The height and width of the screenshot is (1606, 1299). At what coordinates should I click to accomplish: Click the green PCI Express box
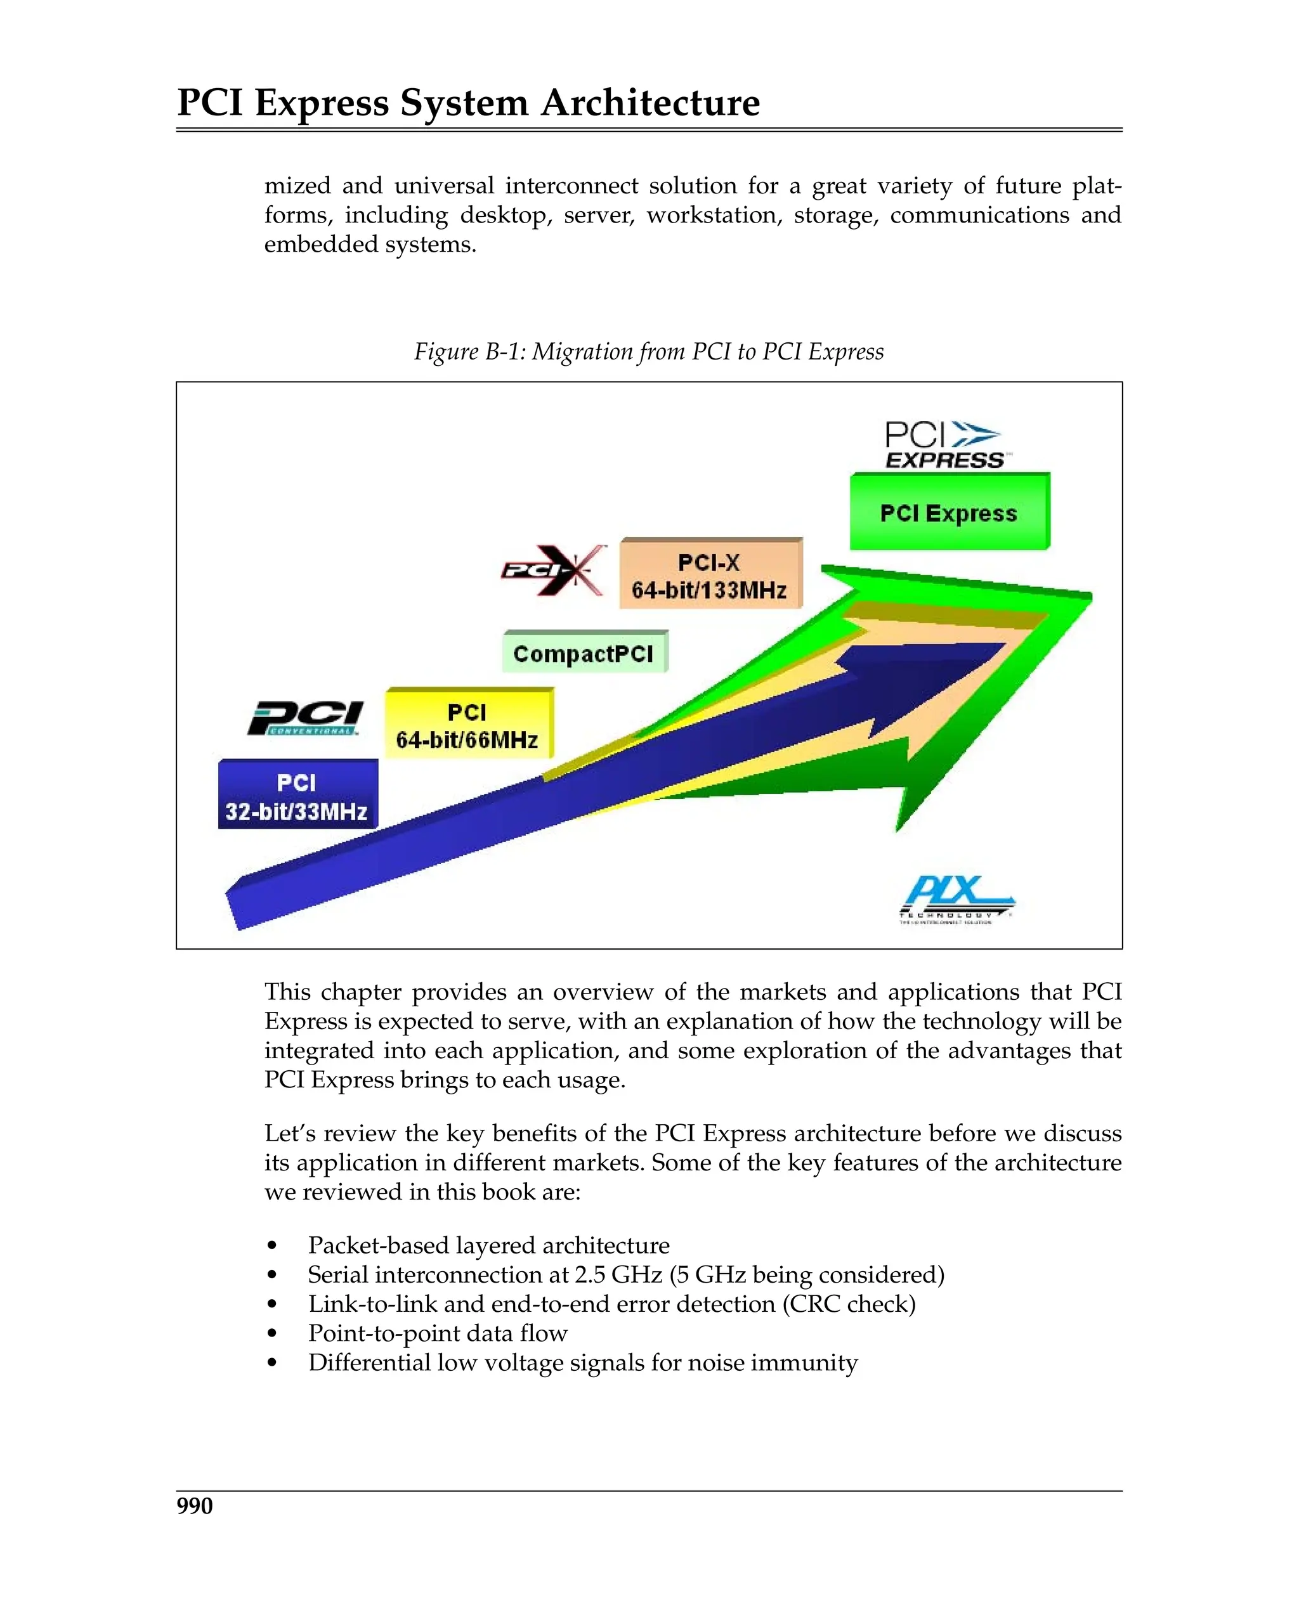(x=949, y=512)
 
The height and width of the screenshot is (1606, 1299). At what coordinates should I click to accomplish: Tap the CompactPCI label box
(x=584, y=653)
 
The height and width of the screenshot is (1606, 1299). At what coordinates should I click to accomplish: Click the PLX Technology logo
(x=956, y=898)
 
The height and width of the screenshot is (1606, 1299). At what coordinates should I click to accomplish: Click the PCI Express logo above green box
(x=944, y=444)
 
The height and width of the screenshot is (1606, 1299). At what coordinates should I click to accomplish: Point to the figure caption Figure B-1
(x=649, y=351)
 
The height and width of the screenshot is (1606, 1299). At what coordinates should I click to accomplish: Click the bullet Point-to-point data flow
(x=438, y=1333)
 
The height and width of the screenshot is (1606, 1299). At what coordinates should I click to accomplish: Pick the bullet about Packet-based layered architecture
(x=488, y=1245)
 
